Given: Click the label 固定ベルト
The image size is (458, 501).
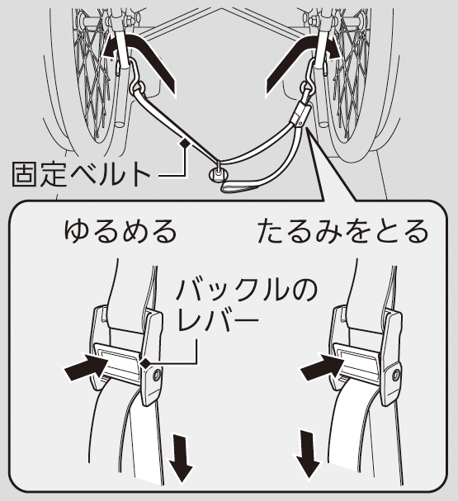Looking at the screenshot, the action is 82,174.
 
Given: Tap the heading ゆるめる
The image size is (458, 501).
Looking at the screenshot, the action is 120,230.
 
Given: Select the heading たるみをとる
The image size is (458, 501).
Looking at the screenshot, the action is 342,230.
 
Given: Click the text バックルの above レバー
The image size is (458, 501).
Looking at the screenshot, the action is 247,291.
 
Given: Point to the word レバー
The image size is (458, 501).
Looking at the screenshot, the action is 218,319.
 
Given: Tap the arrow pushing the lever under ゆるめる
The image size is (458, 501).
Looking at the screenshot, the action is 86,367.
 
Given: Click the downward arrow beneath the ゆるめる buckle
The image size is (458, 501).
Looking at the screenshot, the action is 181,457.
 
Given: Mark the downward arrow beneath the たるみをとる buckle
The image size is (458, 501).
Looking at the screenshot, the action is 308,454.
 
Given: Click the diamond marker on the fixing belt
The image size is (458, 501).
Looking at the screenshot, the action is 185,143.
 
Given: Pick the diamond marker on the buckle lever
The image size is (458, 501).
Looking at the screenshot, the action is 145,362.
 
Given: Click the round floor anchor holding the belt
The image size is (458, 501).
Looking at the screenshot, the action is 218,174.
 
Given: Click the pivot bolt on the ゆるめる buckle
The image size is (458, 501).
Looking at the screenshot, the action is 157,375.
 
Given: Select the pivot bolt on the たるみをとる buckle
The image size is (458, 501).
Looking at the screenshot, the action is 396,374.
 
